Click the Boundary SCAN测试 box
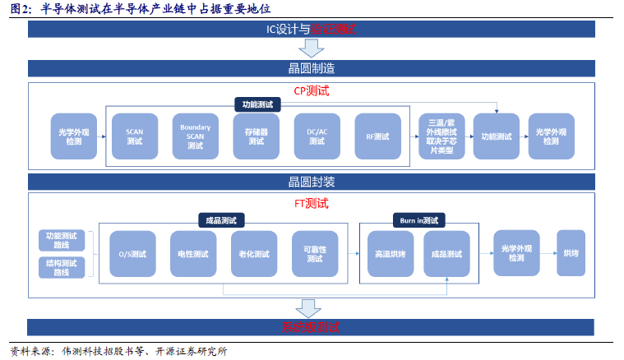coord(195,136)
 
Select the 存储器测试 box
coord(256,136)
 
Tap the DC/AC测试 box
coord(317,136)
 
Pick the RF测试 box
coord(377,136)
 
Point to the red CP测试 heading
coord(311,90)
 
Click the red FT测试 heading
coord(311,203)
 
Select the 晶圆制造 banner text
coord(311,68)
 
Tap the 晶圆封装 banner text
coord(311,181)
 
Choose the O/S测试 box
coord(132,254)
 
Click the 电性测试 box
coord(193,254)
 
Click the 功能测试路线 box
coord(62,241)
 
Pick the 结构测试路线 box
coord(62,268)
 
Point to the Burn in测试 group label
coord(418,220)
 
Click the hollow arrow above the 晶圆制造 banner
coord(311,48)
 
